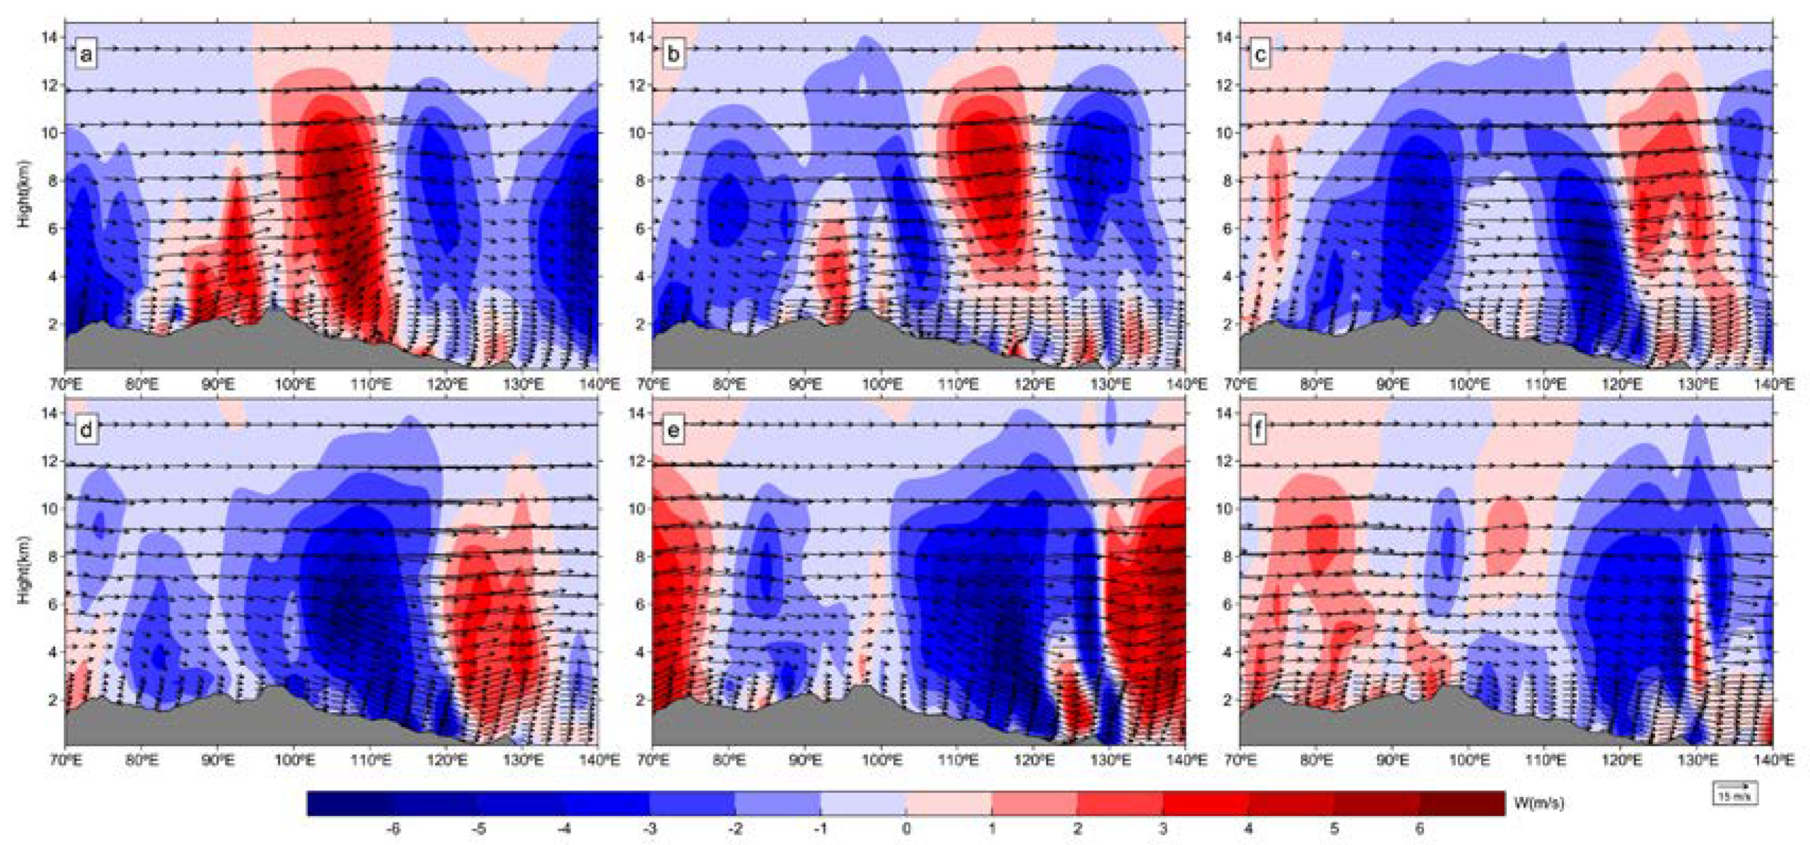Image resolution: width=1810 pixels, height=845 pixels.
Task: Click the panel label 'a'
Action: point(86,54)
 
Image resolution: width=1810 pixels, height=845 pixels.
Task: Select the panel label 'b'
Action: point(673,54)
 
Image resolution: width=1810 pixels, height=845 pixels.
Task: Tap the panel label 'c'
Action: point(1260,54)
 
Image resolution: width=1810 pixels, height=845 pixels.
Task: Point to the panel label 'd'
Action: point(86,430)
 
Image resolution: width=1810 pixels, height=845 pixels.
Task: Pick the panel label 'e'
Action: point(673,430)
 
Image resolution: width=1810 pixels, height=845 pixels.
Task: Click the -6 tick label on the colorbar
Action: point(393,829)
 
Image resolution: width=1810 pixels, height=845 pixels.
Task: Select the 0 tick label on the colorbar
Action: point(906,829)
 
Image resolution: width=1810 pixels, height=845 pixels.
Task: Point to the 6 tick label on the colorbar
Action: point(1419,829)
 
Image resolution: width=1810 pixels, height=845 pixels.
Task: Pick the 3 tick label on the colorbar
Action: point(1163,829)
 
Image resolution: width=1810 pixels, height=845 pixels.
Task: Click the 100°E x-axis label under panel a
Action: point(294,385)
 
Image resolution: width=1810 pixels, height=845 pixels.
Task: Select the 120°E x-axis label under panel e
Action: point(1034,760)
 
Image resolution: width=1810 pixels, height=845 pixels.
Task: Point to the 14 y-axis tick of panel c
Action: point(1223,37)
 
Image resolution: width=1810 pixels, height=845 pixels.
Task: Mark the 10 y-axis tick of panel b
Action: point(636,132)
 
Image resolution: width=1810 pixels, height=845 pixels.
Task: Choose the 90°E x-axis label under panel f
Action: point(1392,760)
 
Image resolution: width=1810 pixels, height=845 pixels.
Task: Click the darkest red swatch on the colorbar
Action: point(1462,803)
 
